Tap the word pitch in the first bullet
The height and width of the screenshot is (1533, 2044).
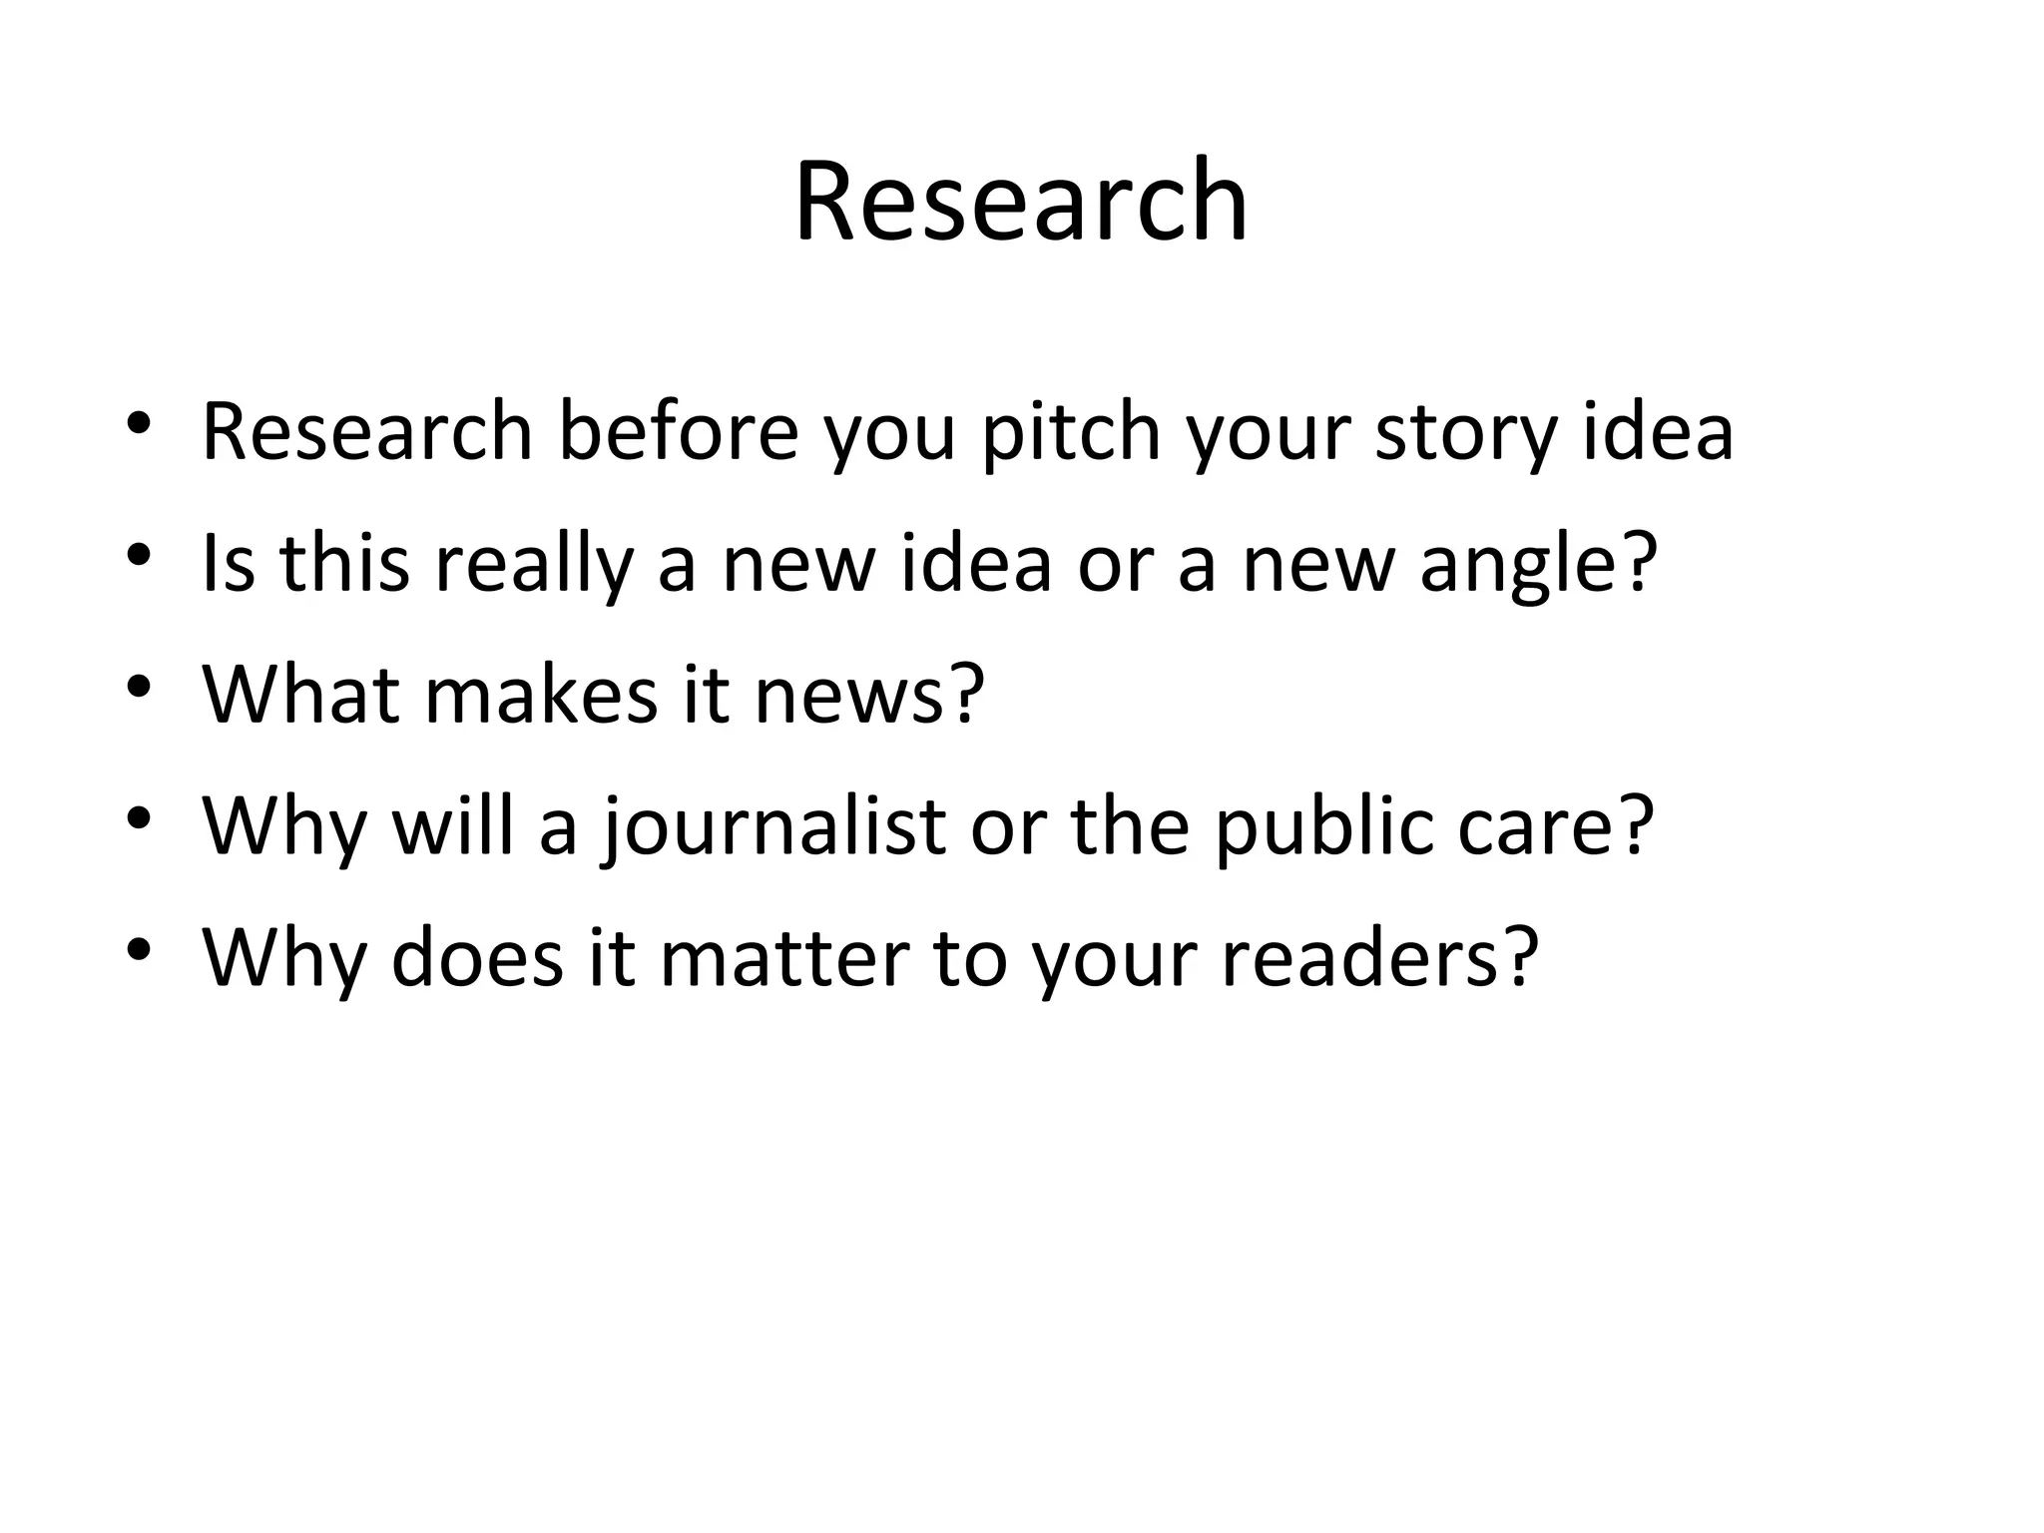pos(1071,432)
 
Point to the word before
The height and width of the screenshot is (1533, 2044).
pos(679,432)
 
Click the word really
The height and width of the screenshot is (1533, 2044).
pos(534,564)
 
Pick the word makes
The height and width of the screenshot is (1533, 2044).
pos(541,695)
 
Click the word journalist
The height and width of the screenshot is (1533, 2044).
pos(774,826)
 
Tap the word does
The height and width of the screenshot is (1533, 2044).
pos(477,958)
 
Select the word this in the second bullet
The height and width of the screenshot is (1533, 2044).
pos(344,564)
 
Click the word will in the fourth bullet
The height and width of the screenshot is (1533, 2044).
pos(454,826)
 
